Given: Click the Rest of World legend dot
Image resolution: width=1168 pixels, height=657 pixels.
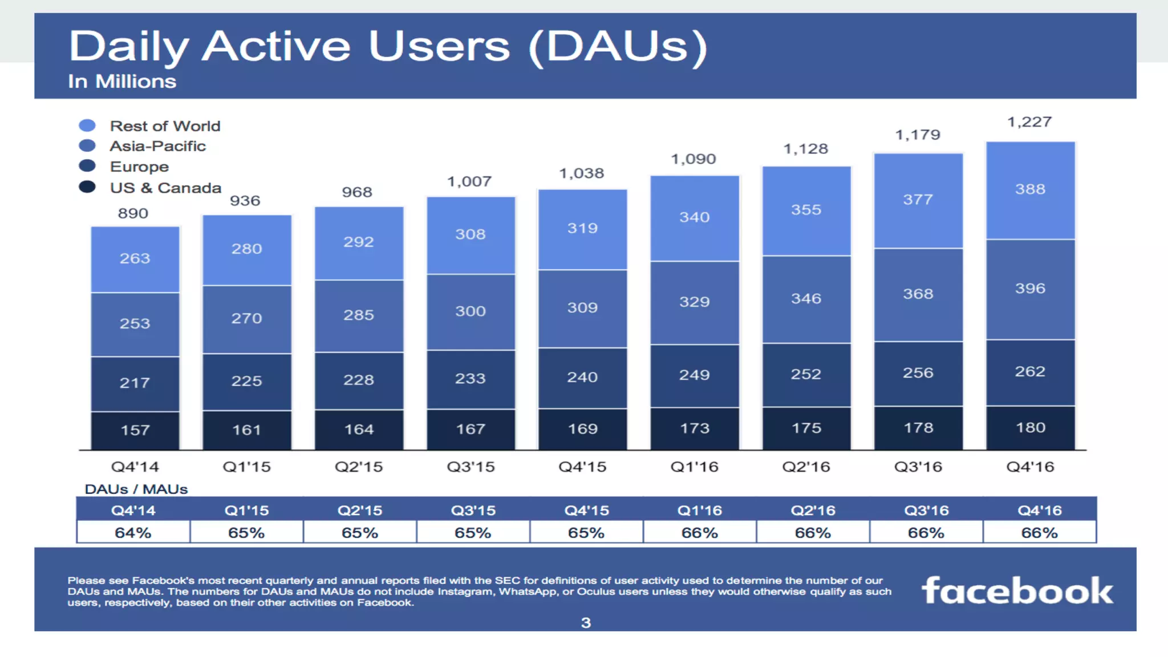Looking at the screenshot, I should pyautogui.click(x=87, y=125).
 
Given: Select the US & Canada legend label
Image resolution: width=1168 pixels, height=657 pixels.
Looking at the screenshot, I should pyautogui.click(x=165, y=188).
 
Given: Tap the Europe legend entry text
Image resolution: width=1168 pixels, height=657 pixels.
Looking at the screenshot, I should pyautogui.click(x=139, y=167).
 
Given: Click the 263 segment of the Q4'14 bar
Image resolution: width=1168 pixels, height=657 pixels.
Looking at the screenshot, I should pyautogui.click(x=135, y=259).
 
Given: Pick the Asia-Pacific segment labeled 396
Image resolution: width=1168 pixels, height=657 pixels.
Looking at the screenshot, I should pyautogui.click(x=1030, y=289).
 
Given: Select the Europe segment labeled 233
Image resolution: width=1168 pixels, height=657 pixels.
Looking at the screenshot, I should pyautogui.click(x=470, y=379).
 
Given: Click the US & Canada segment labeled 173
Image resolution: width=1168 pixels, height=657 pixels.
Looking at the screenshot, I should pyautogui.click(x=694, y=428).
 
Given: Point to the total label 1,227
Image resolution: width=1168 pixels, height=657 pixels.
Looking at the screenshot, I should pyautogui.click(x=1029, y=122).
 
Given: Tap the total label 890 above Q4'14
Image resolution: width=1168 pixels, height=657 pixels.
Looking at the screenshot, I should pyautogui.click(x=133, y=213).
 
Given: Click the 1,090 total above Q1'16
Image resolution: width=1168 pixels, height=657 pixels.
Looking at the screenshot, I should pyautogui.click(x=693, y=159).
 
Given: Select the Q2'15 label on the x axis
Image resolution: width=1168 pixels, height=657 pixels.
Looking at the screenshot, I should pyautogui.click(x=358, y=467).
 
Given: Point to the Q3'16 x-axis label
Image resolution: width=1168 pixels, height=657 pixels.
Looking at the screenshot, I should pyautogui.click(x=918, y=467).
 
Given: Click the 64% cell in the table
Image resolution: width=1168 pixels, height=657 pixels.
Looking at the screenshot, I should pyautogui.click(x=133, y=533).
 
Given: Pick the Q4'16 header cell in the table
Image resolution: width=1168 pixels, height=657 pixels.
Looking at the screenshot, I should pyautogui.click(x=1039, y=510).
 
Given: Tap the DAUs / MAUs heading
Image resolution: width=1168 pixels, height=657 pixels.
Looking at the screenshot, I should pyautogui.click(x=136, y=489).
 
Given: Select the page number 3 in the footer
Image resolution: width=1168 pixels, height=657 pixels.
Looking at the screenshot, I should pyautogui.click(x=586, y=623).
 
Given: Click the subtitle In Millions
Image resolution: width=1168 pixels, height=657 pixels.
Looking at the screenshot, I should pyautogui.click(x=122, y=82).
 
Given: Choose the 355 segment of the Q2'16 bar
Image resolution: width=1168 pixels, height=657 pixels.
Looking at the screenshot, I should pyautogui.click(x=806, y=210).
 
